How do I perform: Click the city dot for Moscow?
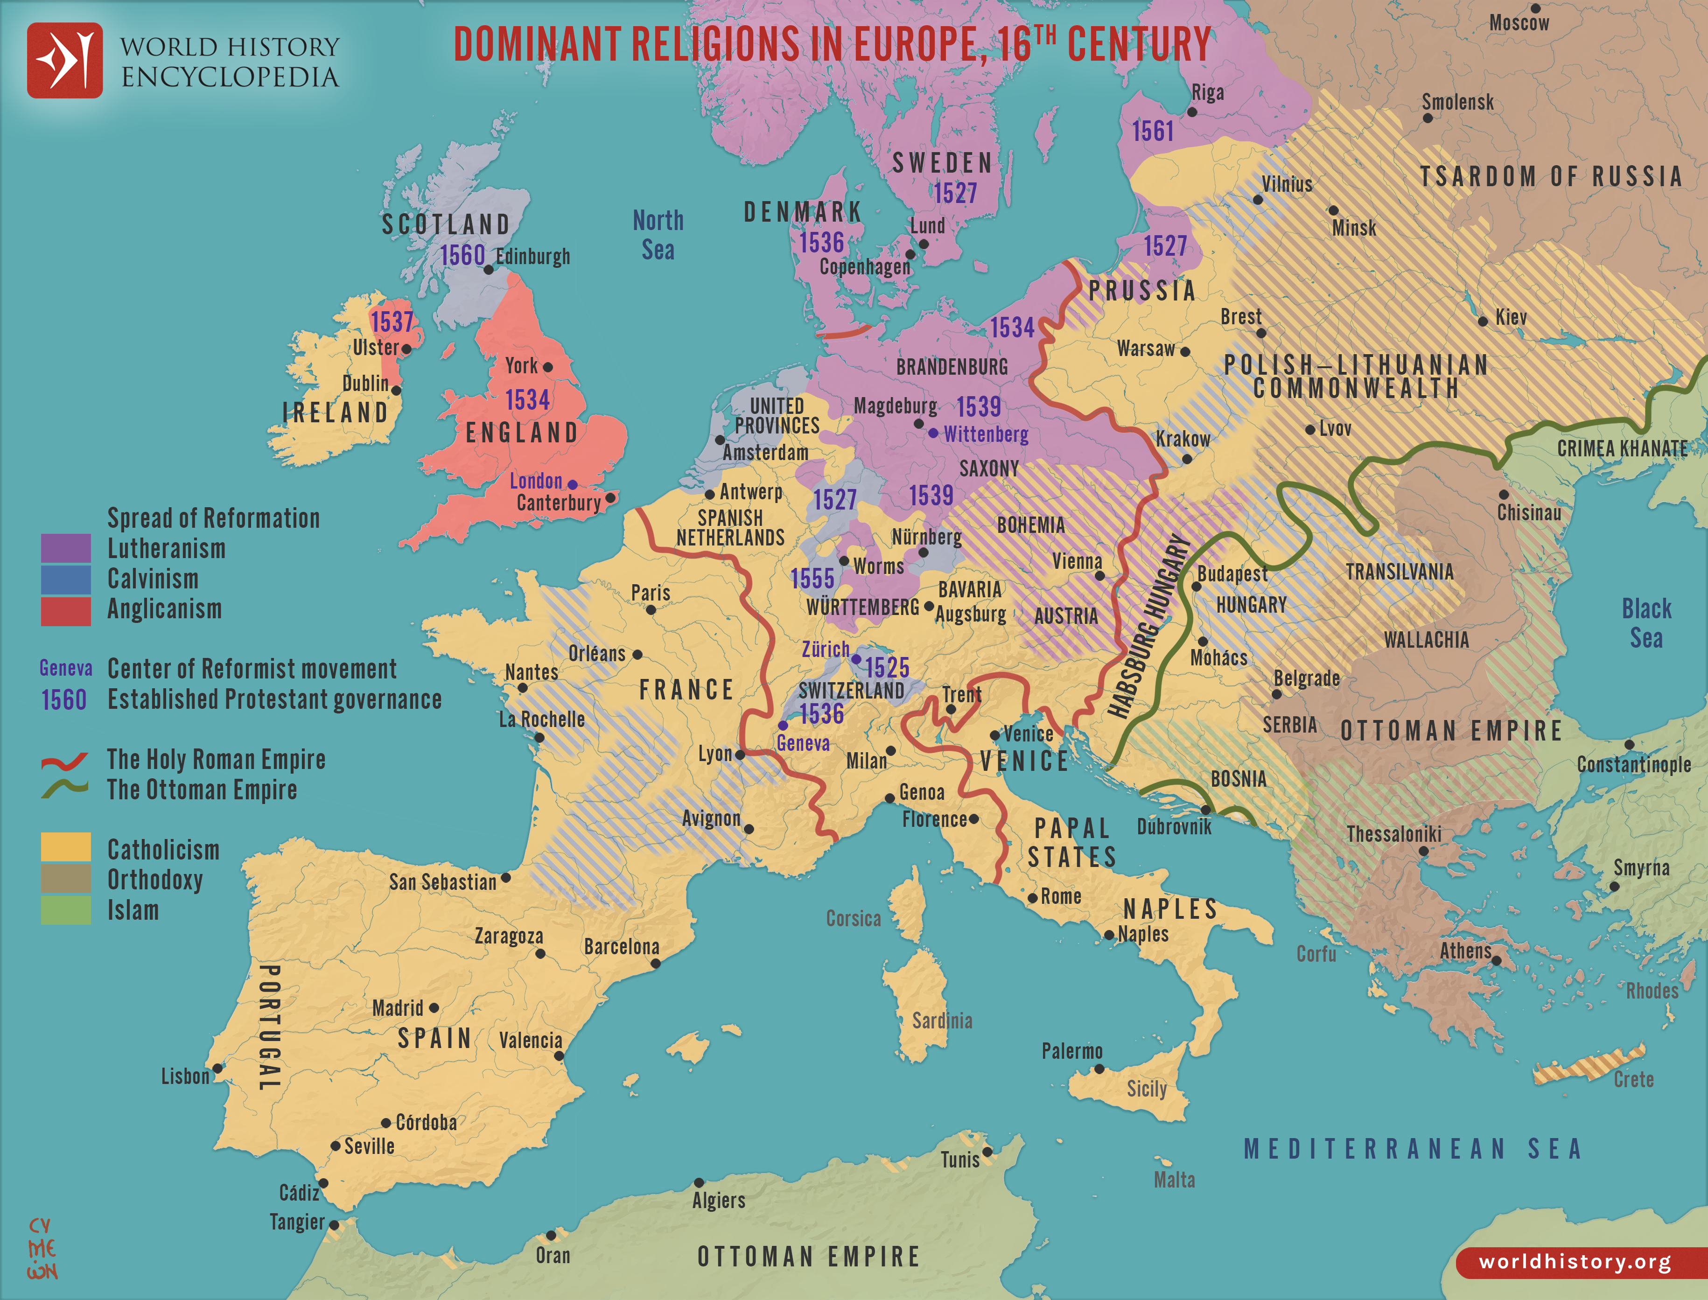(1535, 8)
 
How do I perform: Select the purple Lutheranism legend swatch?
(66, 548)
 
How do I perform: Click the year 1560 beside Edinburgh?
(462, 255)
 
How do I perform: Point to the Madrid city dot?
(434, 1007)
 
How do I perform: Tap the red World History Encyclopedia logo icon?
(65, 60)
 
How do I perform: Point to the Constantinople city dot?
(1629, 744)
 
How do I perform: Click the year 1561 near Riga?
(1152, 132)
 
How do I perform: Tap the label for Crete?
(1633, 1079)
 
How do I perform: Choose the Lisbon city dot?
(217, 1068)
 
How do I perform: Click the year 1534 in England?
(527, 400)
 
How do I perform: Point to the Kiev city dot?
(1483, 321)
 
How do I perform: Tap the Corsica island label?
(853, 918)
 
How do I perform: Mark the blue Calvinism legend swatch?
(66, 579)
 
